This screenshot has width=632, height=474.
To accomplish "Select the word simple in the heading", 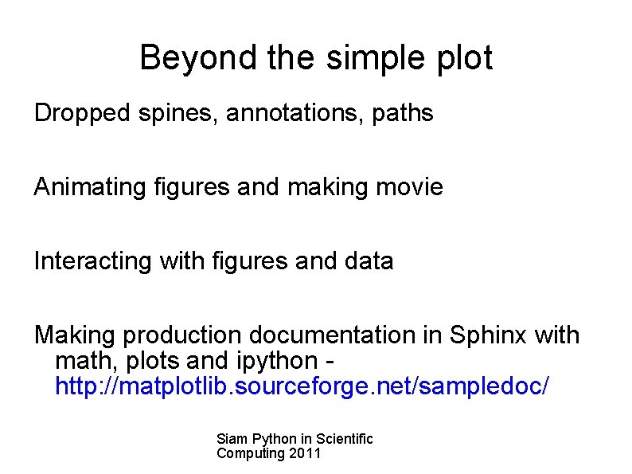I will click(354, 59).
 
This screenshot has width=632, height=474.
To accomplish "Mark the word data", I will click(368, 261).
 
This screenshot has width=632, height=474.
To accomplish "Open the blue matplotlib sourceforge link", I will click(301, 386).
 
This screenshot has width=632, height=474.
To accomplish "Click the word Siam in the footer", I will click(231, 439).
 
